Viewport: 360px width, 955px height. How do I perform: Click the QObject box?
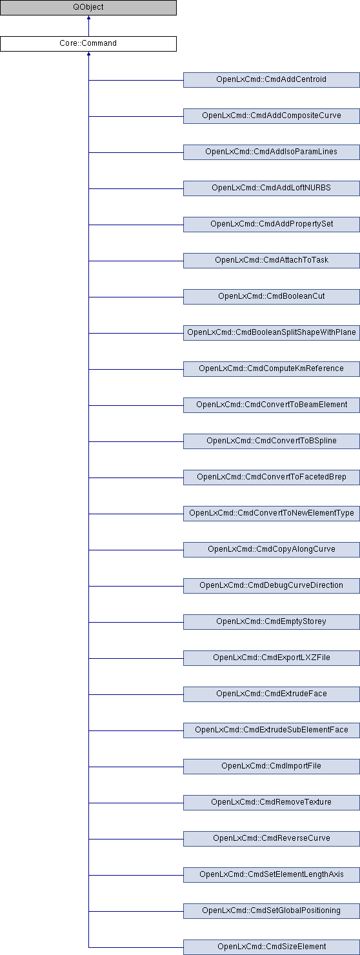click(x=88, y=8)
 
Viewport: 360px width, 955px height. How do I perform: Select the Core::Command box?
click(x=88, y=43)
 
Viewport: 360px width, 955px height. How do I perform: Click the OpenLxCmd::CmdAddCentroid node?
click(x=272, y=80)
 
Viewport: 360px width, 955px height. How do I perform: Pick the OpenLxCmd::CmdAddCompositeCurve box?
click(x=272, y=116)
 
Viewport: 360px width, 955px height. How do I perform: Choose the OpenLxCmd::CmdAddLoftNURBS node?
click(x=272, y=188)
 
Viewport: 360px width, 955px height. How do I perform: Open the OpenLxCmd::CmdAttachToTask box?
click(x=272, y=261)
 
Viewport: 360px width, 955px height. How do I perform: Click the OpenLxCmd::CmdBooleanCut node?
click(x=272, y=297)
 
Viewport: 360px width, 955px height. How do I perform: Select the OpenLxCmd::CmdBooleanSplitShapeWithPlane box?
click(x=272, y=332)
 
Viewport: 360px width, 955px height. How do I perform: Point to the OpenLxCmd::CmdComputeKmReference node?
click(x=272, y=369)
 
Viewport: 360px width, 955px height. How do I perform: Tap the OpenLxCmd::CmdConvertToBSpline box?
click(x=272, y=441)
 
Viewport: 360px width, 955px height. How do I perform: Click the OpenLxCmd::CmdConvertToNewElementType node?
click(x=272, y=514)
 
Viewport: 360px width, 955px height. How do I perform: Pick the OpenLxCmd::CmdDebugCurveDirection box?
click(x=272, y=586)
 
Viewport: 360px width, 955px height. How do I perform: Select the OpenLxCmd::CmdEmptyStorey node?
click(x=272, y=622)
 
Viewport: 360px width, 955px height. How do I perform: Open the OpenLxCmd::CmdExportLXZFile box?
click(x=272, y=658)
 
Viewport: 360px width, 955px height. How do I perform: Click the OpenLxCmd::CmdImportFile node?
click(x=272, y=767)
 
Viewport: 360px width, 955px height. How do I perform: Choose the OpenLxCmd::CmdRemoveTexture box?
click(x=272, y=803)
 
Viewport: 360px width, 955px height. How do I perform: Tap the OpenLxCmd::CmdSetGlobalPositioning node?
click(x=272, y=911)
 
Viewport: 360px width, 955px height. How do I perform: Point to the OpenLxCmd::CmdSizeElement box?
click(x=272, y=947)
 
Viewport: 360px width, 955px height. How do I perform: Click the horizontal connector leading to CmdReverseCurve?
click(x=136, y=839)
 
